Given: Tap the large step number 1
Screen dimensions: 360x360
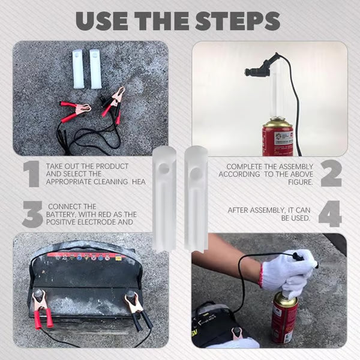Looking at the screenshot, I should click(x=31, y=174).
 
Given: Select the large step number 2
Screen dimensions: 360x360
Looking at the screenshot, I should click(x=330, y=174).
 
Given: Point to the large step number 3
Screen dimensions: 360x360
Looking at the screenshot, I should click(x=31, y=215).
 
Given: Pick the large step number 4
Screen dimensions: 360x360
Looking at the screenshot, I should click(x=330, y=214).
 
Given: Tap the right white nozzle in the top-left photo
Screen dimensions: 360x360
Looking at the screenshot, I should click(x=96, y=60).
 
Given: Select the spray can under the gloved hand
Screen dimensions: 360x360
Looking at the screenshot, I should click(x=284, y=317).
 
